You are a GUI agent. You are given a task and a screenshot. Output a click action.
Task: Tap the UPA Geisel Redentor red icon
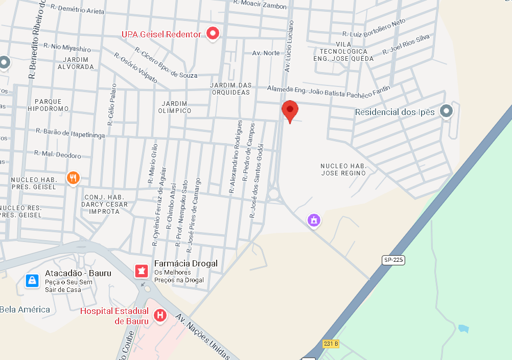coord(213,34)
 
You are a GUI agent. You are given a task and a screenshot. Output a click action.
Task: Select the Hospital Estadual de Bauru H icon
coord(160,316)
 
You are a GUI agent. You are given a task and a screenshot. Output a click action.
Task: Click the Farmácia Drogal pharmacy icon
coord(141,271)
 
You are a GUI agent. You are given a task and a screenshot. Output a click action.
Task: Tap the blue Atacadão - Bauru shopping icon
coord(32,280)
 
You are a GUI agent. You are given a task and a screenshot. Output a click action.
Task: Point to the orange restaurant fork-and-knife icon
coord(73,178)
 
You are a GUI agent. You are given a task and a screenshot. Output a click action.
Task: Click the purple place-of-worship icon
coord(314,220)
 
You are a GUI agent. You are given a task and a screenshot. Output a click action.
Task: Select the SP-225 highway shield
coord(393,260)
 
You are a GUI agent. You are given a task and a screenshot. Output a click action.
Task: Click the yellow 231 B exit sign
coord(331,344)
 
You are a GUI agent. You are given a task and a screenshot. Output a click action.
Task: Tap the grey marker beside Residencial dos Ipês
coord(447,111)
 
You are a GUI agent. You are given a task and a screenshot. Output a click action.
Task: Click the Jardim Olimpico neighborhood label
coord(175,107)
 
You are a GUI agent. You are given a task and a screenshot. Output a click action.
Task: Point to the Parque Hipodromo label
coord(48,105)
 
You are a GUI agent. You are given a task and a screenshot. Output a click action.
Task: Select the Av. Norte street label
coord(266,53)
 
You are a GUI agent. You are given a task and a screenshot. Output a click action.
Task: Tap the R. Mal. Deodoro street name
coord(57,154)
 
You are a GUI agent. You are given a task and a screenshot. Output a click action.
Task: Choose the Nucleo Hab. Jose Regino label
coord(343,169)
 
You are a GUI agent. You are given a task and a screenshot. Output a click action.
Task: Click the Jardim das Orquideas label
coord(230,88)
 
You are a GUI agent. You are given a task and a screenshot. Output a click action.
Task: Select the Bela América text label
coord(25,309)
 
